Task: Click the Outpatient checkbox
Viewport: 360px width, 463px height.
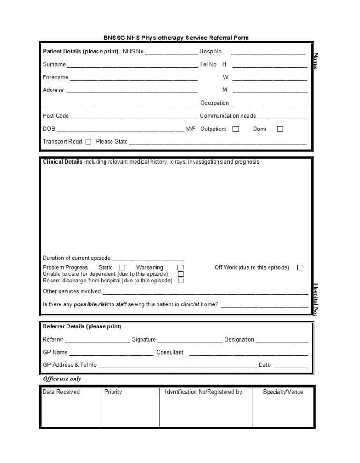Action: [236, 129]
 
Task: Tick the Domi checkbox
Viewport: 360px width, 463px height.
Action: [280, 129]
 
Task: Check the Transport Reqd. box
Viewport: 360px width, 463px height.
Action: [89, 142]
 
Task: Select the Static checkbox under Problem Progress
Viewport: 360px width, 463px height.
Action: [122, 267]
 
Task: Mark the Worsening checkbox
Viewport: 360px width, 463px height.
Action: [180, 267]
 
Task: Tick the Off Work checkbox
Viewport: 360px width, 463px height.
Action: [300, 267]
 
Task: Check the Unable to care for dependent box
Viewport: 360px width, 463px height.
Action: [180, 274]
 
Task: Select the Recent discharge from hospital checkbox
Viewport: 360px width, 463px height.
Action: [180, 281]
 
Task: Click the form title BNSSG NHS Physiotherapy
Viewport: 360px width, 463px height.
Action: [176, 38]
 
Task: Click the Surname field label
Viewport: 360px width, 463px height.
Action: [54, 64]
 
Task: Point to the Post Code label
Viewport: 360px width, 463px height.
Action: [56, 116]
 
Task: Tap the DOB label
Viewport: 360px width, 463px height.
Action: [49, 129]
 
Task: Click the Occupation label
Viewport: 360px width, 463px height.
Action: [215, 103]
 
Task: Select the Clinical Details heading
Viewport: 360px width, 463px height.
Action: [62, 162]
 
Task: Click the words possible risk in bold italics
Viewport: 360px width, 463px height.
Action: [91, 304]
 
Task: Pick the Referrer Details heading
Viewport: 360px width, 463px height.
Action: [82, 326]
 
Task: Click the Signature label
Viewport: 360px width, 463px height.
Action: [143, 340]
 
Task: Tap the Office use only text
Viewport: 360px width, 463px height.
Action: [62, 379]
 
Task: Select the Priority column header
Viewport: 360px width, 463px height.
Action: [113, 392]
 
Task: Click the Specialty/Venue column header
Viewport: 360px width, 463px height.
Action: [283, 392]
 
